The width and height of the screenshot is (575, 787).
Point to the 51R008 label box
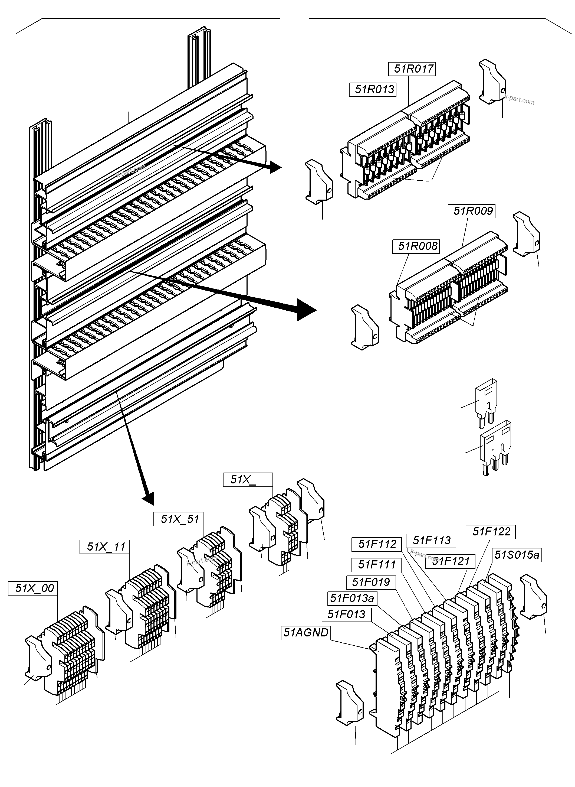[x=416, y=246]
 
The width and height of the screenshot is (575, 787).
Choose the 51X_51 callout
[x=179, y=519]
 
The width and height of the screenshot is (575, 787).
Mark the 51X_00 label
[x=33, y=588]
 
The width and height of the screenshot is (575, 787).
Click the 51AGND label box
[x=305, y=633]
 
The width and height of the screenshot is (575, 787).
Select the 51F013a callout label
[x=352, y=598]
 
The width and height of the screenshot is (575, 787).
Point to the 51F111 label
[x=377, y=565]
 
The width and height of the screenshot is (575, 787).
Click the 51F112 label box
[x=377, y=544]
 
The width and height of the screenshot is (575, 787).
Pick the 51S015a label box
[x=517, y=555]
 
